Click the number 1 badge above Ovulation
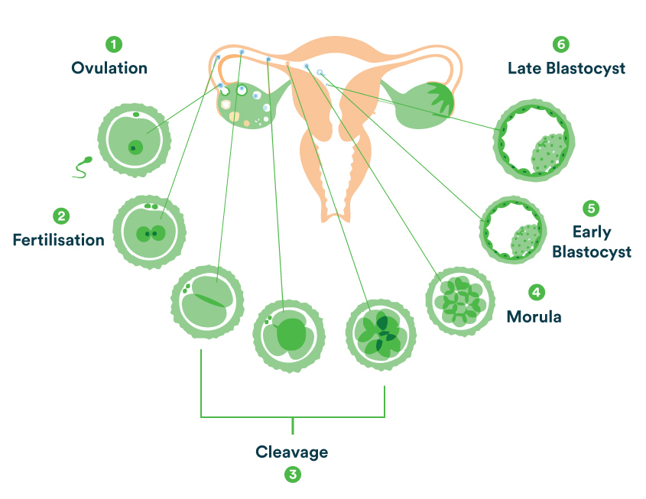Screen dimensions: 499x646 (x=114, y=44)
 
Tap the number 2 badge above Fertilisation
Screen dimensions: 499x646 (x=61, y=216)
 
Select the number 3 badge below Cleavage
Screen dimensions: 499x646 (x=292, y=475)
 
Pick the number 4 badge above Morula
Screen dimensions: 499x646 (x=537, y=292)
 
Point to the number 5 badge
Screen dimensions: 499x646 (x=589, y=207)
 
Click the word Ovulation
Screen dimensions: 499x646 (x=109, y=68)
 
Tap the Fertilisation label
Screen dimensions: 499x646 (x=58, y=240)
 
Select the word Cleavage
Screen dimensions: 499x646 (x=291, y=452)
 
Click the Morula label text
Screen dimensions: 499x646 (x=534, y=316)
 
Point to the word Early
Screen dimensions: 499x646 (x=591, y=231)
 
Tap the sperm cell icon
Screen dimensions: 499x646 (x=82, y=167)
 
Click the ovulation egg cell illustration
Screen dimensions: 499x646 (x=135, y=141)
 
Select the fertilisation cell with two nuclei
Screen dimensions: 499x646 (x=149, y=231)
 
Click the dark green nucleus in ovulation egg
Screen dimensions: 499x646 (x=136, y=147)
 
